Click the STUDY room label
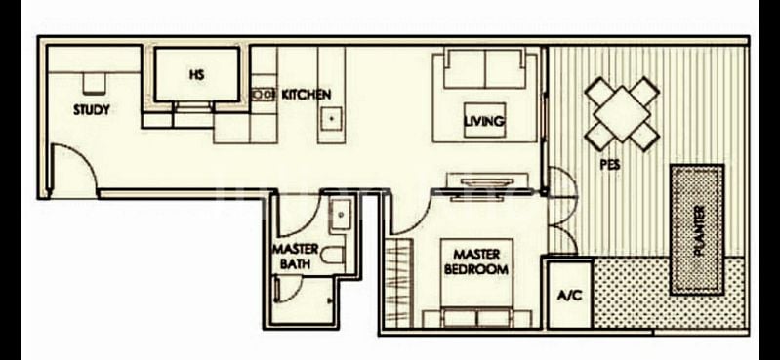(x=91, y=110)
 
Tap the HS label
(x=196, y=74)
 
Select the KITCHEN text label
(x=307, y=95)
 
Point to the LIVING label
(x=484, y=121)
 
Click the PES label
(x=610, y=165)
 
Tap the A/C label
(x=569, y=295)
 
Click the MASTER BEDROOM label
(x=476, y=261)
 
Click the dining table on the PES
(x=622, y=113)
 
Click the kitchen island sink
(x=332, y=117)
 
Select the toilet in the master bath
(x=335, y=258)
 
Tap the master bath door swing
(x=291, y=290)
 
